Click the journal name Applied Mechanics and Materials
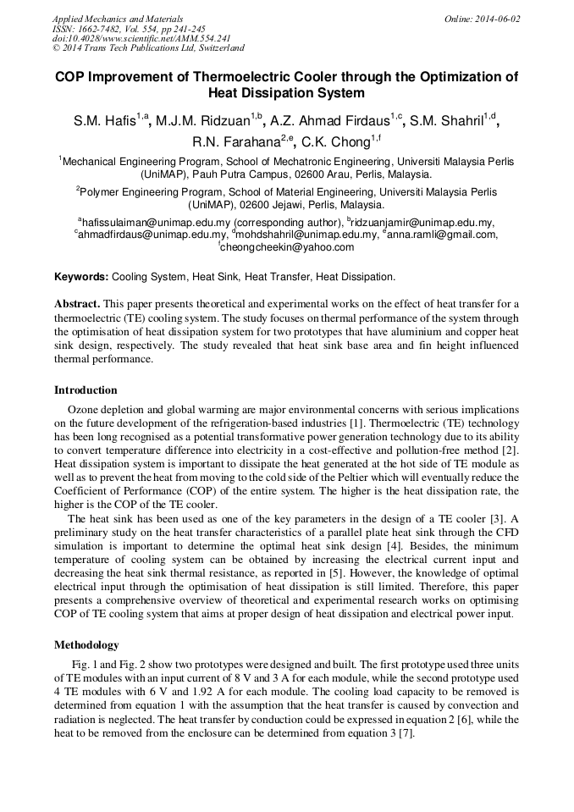pyautogui.click(x=117, y=19)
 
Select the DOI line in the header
pyautogui.click(x=141, y=38)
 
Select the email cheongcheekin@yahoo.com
pyautogui.click(x=288, y=247)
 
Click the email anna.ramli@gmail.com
pyautogui.click(x=443, y=235)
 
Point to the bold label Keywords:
pyautogui.click(x=81, y=277)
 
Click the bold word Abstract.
pyautogui.click(x=77, y=303)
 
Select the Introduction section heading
pyautogui.click(x=86, y=390)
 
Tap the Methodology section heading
pyautogui.click(x=86, y=644)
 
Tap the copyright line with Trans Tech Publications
pyautogui.click(x=148, y=48)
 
